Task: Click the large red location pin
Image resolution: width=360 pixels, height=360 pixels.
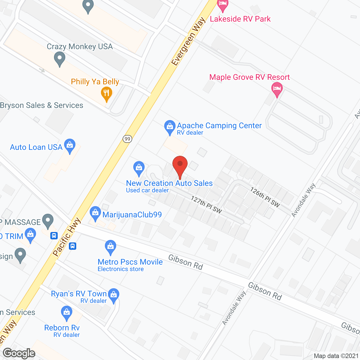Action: (x=180, y=166)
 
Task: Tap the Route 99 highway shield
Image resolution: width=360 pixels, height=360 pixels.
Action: (x=127, y=139)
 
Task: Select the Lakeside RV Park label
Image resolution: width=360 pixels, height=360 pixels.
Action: (x=240, y=19)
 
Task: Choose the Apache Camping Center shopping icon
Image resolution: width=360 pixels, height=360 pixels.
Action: (x=170, y=127)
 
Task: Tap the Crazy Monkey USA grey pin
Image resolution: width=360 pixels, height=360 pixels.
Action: (x=60, y=59)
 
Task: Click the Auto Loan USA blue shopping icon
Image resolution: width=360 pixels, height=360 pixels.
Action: (x=70, y=146)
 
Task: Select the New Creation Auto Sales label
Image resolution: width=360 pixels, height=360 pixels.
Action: (x=169, y=183)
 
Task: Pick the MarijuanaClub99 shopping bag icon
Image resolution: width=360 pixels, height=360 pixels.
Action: (x=95, y=213)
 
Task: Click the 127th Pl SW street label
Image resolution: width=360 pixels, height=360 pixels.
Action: (x=206, y=204)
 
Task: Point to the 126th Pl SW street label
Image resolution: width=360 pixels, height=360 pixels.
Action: (x=265, y=197)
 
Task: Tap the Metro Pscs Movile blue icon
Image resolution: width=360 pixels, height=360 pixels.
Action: (x=111, y=247)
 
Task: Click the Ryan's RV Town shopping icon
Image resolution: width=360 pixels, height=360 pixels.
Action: (x=114, y=295)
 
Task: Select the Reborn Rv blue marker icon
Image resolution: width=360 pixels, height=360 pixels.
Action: (x=67, y=312)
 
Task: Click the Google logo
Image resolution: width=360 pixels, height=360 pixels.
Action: (x=19, y=353)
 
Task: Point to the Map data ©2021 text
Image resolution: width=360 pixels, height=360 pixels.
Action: (x=336, y=356)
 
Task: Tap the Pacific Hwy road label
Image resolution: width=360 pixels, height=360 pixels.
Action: (x=67, y=237)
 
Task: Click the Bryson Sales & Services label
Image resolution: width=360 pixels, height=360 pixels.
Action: (x=42, y=105)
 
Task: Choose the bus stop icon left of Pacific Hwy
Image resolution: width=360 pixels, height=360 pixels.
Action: (x=54, y=235)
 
